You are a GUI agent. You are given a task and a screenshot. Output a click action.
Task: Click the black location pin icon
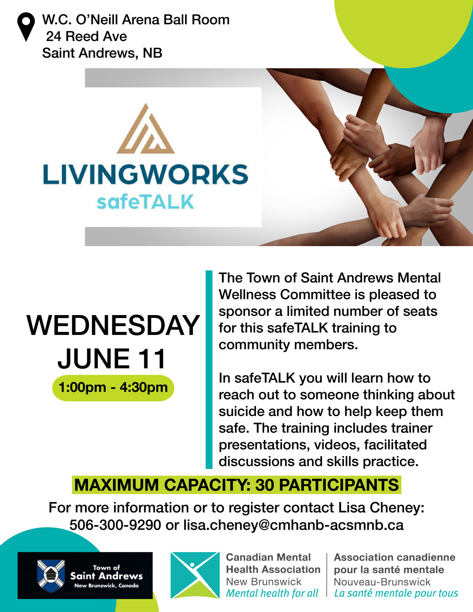point(26,27)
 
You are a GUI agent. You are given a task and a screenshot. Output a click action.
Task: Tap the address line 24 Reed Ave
point(86,36)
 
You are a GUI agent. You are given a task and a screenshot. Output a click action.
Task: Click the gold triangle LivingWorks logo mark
point(146,129)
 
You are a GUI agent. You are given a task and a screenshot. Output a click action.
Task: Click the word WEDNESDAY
point(113,326)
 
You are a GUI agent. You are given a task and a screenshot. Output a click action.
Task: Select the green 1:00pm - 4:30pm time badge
point(113,388)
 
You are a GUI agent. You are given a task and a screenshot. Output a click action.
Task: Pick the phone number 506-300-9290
point(115,525)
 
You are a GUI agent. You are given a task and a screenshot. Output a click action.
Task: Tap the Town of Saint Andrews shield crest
point(51,576)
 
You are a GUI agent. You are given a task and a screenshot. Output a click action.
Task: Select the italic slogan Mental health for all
point(272,593)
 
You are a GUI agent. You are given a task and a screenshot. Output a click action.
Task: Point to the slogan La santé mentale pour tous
point(396,593)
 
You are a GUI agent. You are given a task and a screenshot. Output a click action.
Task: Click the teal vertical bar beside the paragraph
point(209,370)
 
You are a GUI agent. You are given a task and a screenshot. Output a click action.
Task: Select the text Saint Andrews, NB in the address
point(102,53)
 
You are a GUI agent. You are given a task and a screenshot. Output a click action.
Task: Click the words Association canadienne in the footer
point(395,557)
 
